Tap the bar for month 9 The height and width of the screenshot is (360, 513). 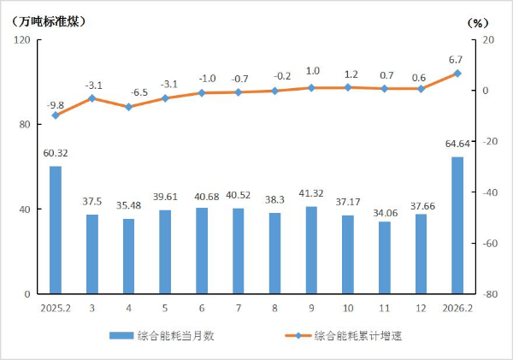point(311,250)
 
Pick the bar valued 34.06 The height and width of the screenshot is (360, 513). point(385,257)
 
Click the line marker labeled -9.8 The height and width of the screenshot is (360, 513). point(56,115)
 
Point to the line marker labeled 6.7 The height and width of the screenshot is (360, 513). point(457,74)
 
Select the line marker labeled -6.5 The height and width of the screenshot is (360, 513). point(128,107)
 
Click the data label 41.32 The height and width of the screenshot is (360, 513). point(311,197)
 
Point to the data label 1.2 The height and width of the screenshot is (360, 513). point(348,74)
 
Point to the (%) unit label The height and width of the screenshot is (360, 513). point(477,21)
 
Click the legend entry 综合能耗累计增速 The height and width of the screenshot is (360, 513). point(357,335)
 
